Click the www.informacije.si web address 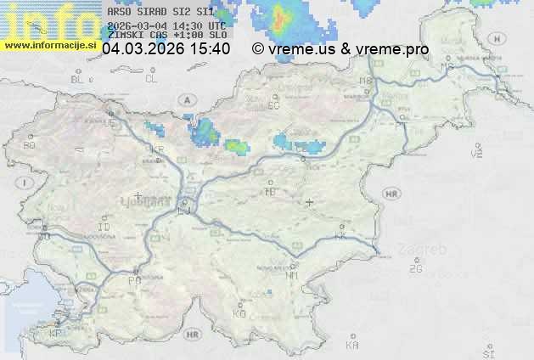[x=49, y=45]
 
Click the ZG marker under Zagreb [x=415, y=269]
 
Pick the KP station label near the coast [x=56, y=335]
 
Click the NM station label [x=292, y=275]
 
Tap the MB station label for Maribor [x=366, y=82]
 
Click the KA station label [x=352, y=345]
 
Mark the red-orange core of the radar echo [x=281, y=16]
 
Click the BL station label [x=78, y=79]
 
